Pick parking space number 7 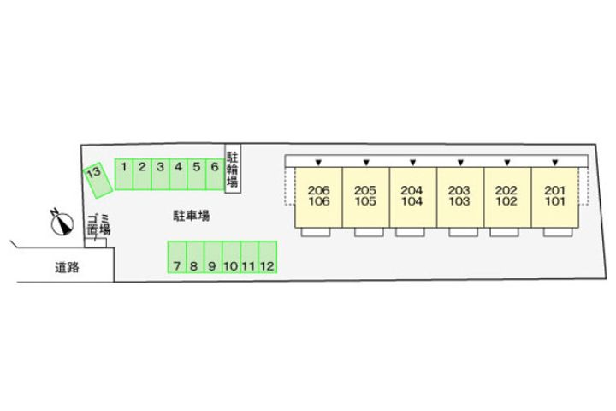(x=175, y=258)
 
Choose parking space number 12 (x=267, y=258)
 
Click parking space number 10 (x=230, y=258)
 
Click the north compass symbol (x=59, y=223)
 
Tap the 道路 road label (x=68, y=268)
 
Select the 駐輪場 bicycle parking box (x=232, y=170)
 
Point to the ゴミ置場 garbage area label (x=98, y=226)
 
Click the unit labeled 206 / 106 (x=318, y=197)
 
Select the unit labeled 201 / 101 (x=555, y=197)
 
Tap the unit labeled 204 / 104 (x=413, y=197)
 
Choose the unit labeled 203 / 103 (x=460, y=197)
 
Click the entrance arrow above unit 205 (x=366, y=162)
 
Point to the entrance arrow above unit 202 (x=508, y=162)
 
